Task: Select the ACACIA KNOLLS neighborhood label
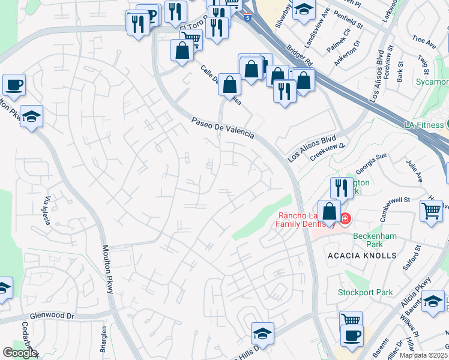tap(362, 256)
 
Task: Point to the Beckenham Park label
tap(375, 241)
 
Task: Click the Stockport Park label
tap(365, 293)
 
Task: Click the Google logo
tap(19, 353)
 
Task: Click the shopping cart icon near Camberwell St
tap(431, 211)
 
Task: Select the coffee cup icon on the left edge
tap(13, 85)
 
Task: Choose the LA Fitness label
tap(423, 124)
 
